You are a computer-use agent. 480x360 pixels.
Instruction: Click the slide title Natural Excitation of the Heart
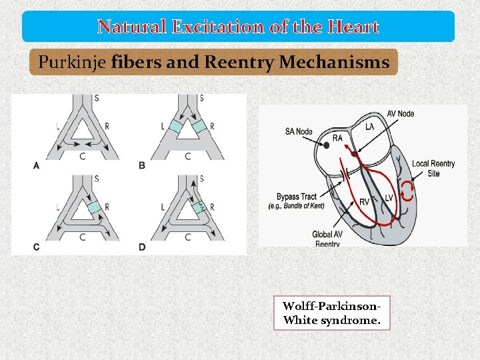click(238, 27)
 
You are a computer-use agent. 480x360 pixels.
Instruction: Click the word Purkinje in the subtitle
click(73, 62)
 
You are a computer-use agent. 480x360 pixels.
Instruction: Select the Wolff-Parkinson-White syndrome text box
click(332, 313)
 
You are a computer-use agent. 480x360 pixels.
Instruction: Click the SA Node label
click(298, 131)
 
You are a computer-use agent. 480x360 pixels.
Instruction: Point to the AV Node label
click(400, 114)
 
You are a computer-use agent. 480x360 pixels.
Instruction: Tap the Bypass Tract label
click(297, 197)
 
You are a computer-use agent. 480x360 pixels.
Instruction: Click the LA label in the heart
click(369, 127)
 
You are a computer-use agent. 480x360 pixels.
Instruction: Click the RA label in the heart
click(338, 138)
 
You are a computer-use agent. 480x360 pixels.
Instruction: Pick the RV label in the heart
click(364, 202)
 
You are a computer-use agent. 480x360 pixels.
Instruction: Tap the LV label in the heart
click(389, 199)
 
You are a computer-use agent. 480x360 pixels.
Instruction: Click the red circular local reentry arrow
click(409, 191)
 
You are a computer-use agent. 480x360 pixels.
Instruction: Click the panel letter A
click(37, 165)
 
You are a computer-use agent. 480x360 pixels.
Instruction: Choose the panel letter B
click(142, 165)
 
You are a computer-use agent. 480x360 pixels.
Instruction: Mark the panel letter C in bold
click(37, 247)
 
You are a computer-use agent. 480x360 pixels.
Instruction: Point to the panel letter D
click(142, 247)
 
